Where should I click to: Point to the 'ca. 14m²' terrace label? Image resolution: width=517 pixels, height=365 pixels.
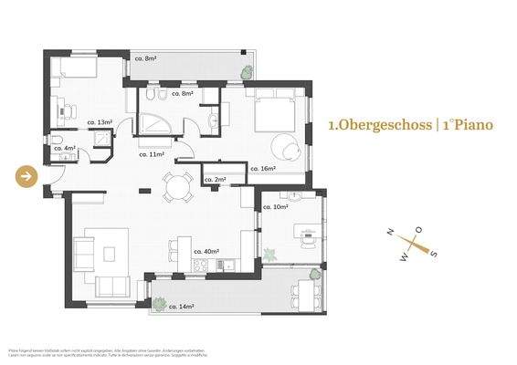tap(181, 307)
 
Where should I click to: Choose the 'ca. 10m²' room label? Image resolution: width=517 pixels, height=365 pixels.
tap(275, 207)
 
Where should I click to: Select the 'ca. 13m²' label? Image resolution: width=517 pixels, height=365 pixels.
tap(100, 121)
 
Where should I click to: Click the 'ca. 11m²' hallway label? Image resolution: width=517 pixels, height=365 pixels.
tap(151, 155)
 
